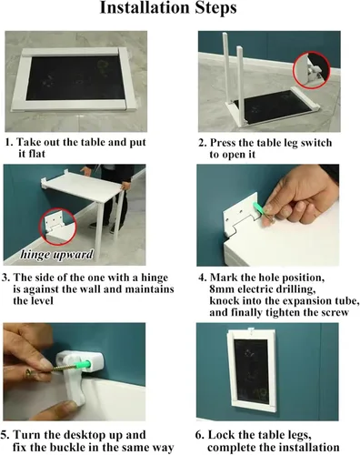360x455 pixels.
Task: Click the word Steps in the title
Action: pyautogui.click(x=215, y=8)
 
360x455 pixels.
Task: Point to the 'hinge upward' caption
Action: pyautogui.click(x=56, y=254)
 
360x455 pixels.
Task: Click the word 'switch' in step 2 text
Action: pyautogui.click(x=316, y=143)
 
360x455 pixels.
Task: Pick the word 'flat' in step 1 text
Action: pyautogui.click(x=35, y=154)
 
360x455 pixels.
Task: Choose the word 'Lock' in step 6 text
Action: pyautogui.click(x=220, y=435)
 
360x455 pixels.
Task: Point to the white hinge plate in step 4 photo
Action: pyautogui.click(x=241, y=216)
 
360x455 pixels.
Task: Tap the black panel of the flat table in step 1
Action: pyautogui.click(x=75, y=77)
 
